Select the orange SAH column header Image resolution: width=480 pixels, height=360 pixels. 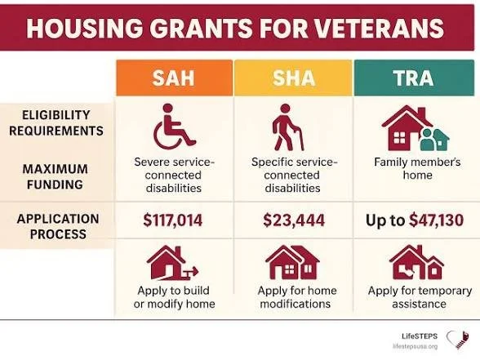point(173,78)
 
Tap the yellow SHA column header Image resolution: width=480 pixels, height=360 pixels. point(292,78)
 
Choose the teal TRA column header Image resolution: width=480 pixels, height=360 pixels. point(413,78)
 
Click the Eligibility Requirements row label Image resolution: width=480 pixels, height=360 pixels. point(57,122)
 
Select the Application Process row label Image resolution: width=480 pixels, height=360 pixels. point(57,226)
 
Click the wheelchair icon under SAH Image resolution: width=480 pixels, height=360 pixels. point(173,127)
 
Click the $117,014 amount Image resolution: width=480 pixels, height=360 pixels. point(174,219)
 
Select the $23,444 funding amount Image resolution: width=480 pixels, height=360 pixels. point(293,219)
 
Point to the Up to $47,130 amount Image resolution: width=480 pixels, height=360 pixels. point(414,219)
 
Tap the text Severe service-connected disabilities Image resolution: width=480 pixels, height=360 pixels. point(174,175)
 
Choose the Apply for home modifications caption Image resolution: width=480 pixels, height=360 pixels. point(293,296)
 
